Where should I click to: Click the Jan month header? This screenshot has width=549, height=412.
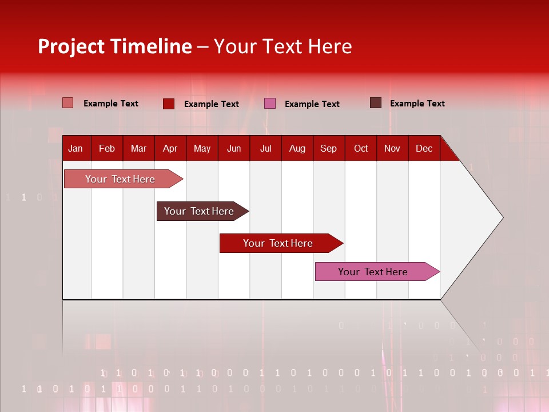(x=75, y=148)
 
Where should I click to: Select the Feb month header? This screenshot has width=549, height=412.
(x=107, y=148)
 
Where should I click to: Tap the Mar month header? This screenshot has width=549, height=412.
(x=138, y=148)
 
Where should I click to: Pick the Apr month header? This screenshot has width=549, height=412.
(x=170, y=148)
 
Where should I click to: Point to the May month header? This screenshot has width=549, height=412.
(x=202, y=148)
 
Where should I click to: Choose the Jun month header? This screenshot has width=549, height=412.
(x=234, y=148)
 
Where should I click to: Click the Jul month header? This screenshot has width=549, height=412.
(x=265, y=148)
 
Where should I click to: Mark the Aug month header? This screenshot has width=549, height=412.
(x=297, y=148)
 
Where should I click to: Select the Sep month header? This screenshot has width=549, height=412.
(x=328, y=148)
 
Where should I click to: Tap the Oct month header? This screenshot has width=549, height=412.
(x=361, y=148)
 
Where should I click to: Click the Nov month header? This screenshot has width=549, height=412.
(x=392, y=148)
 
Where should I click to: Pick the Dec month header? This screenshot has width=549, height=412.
(x=424, y=148)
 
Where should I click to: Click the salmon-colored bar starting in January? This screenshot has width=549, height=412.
(x=121, y=179)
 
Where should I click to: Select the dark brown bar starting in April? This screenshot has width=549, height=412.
(x=200, y=211)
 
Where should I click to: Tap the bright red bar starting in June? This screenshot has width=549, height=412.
(x=278, y=243)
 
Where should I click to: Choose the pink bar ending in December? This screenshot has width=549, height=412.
(x=373, y=272)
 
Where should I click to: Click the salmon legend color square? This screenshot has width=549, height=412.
(x=67, y=103)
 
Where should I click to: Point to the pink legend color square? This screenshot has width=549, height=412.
(x=270, y=104)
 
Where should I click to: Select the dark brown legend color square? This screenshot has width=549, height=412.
(x=376, y=103)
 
